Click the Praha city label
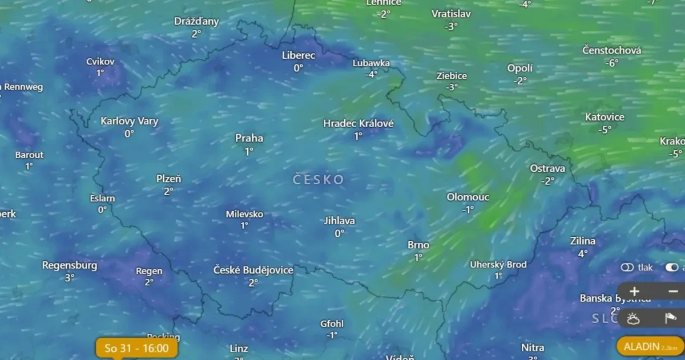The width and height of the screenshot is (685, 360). click(249, 138)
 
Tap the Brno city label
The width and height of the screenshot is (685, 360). click(418, 245)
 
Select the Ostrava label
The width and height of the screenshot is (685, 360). click(547, 168)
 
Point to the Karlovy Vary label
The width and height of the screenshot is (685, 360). click(130, 121)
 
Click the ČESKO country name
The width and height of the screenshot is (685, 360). click(319, 180)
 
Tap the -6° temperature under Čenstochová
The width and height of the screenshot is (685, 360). click(611, 63)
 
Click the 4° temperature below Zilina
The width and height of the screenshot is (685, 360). click(583, 253)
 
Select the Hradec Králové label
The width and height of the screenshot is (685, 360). click(358, 123)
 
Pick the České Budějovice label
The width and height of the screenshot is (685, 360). click(253, 270)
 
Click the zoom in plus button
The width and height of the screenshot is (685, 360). click(634, 291)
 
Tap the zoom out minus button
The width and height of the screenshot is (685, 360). click(673, 291)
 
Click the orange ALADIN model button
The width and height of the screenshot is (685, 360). click(650, 346)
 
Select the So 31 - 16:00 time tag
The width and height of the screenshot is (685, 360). click(136, 348)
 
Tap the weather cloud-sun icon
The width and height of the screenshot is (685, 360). click(633, 318)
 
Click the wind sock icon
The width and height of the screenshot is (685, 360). click(670, 318)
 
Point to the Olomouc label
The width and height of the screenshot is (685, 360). click(468, 197)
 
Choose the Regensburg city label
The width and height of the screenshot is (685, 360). click(70, 265)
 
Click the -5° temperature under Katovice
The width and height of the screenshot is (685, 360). click(605, 130)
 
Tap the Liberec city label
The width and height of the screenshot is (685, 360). click(299, 55)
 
